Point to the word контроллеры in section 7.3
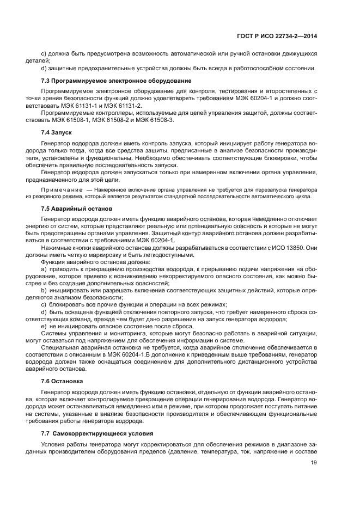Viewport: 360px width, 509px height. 105,112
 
